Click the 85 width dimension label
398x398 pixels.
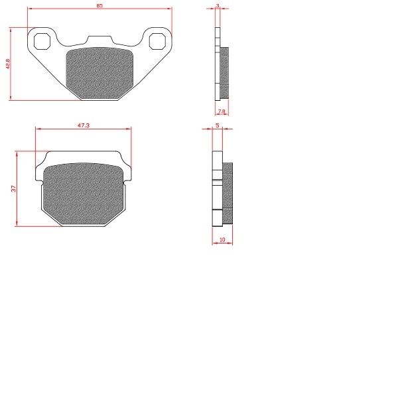[x=99, y=5]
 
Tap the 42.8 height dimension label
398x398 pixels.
[x=7, y=64]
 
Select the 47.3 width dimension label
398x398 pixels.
[x=84, y=125]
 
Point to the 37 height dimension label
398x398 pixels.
[x=13, y=188]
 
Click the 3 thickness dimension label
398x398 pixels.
[x=218, y=5]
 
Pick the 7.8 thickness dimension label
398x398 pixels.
[x=222, y=111]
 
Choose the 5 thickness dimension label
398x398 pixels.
[x=218, y=125]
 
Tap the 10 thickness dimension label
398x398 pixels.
[x=222, y=239]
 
